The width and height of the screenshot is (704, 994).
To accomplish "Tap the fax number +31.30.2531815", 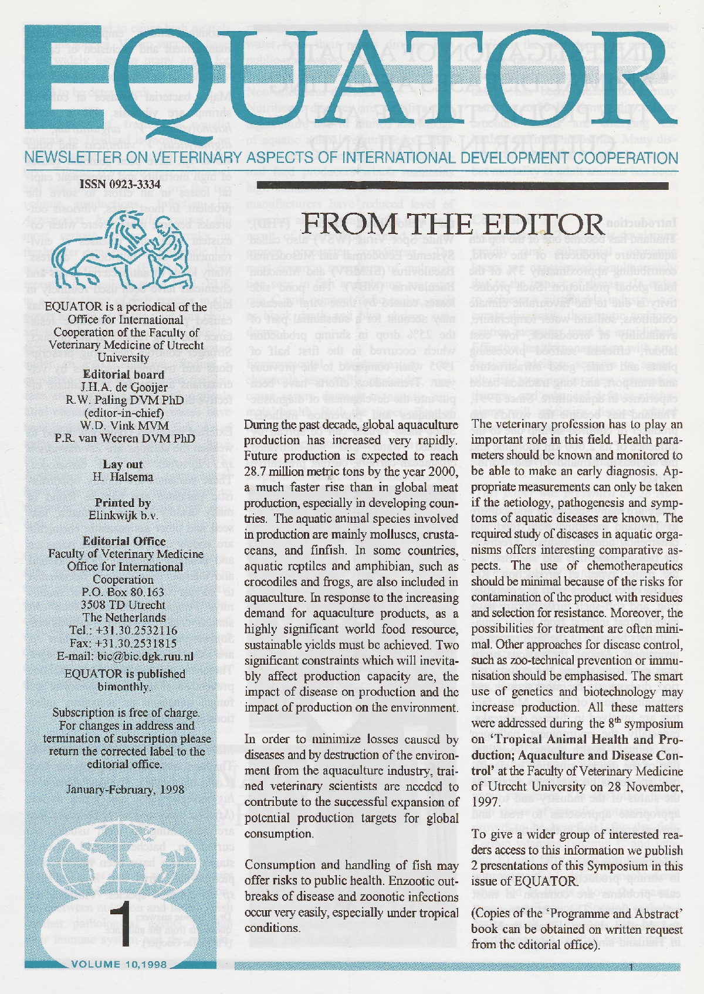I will (139, 644).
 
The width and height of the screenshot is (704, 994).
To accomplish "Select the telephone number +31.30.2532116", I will (139, 631).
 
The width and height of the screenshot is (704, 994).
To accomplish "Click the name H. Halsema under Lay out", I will (123, 477).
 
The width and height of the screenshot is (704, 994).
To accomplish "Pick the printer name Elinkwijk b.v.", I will (123, 516).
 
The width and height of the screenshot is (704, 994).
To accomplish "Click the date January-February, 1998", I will (126, 789).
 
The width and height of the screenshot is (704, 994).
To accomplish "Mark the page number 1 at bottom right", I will (631, 967).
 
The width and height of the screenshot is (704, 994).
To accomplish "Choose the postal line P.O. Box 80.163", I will (123, 593).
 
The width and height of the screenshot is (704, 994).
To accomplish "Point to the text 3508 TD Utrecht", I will (123, 605).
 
